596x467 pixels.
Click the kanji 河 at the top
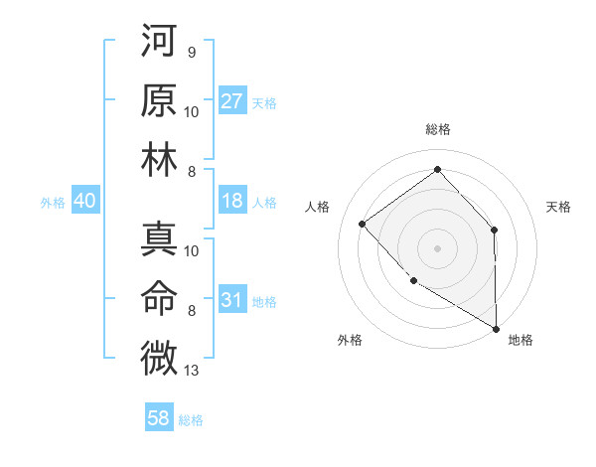click(159, 43)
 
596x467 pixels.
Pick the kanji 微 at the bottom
click(159, 356)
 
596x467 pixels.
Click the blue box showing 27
click(232, 101)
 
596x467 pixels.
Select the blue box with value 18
click(232, 201)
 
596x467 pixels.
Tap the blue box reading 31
click(232, 300)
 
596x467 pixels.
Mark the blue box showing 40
click(84, 201)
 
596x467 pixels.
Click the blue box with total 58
click(159, 418)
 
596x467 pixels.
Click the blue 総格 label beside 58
click(191, 420)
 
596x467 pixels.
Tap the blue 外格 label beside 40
click(53, 203)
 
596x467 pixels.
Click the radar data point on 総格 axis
click(437, 170)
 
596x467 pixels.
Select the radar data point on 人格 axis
click(363, 224)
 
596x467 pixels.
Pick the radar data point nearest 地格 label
click(496, 328)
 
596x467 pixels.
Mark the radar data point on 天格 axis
click(494, 231)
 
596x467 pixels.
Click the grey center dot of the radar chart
click(437, 247)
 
